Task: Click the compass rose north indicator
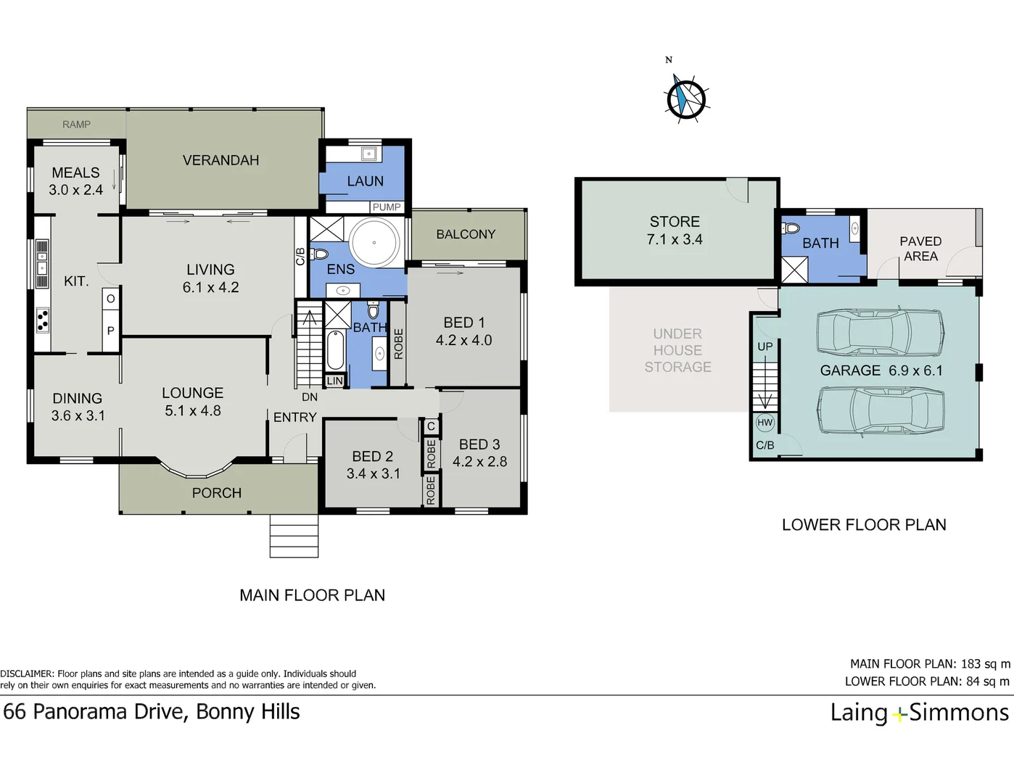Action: pos(685,99)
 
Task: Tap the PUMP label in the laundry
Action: pos(387,207)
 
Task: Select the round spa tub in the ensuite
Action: pos(375,242)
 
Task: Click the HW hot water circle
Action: pos(764,423)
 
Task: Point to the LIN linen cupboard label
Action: pos(334,381)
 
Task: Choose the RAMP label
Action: pos(77,125)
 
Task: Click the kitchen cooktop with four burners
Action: pos(43,320)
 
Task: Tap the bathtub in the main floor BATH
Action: pos(335,349)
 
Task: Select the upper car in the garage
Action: pos(880,333)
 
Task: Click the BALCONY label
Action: pos(466,234)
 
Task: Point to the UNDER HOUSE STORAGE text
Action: pos(677,350)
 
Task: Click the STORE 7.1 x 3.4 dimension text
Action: pos(675,239)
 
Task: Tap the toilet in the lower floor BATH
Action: pos(791,228)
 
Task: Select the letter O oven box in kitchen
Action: pos(110,299)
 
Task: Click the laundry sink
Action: pos(369,154)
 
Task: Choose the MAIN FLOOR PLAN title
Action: pos(312,595)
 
